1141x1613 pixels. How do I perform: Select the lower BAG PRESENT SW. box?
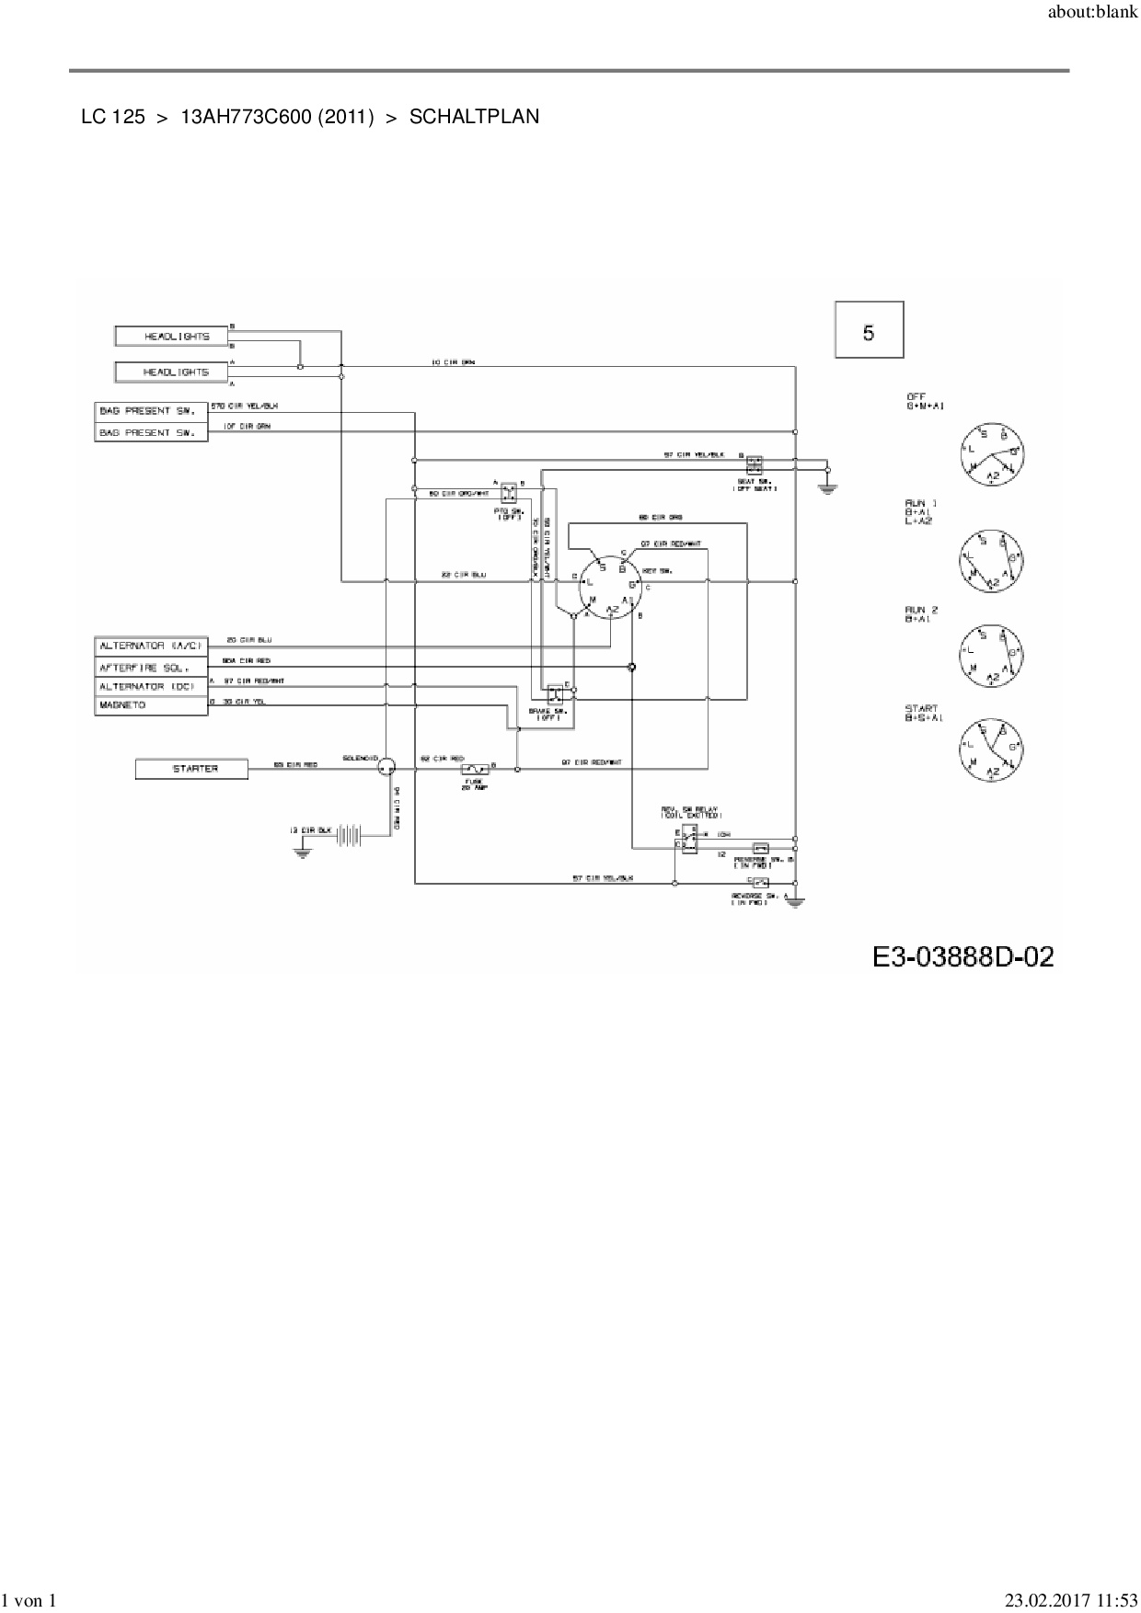point(151,432)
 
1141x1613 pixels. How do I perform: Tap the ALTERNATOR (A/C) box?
point(151,646)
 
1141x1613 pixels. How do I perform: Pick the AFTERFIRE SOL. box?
point(151,667)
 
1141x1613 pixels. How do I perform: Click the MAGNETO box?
point(151,705)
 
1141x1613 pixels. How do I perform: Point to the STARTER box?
point(191,769)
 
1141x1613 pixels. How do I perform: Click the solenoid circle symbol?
point(386,765)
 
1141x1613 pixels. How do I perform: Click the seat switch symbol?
point(755,464)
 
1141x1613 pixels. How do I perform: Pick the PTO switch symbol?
point(509,494)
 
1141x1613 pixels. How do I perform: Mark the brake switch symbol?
point(555,694)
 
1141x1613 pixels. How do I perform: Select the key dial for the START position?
point(990,748)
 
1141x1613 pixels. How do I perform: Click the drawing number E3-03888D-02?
point(962,957)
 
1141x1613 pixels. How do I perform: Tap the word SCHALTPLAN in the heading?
point(474,117)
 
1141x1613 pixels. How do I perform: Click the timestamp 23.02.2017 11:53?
point(1070,1601)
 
